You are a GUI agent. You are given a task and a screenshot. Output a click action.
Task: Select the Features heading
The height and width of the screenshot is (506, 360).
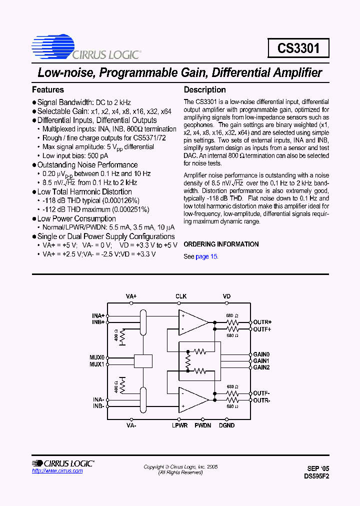coord(48,90)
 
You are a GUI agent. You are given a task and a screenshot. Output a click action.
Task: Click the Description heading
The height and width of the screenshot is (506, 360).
coord(205,90)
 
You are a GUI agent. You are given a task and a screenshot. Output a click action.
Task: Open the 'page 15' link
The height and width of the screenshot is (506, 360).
coord(206,256)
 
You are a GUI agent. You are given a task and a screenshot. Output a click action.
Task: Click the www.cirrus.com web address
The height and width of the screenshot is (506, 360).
coord(57,471)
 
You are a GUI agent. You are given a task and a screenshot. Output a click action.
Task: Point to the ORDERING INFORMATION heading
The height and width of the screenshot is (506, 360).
coord(221,244)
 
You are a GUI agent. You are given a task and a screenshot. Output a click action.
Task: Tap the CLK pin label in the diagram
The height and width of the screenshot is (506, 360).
coord(181,296)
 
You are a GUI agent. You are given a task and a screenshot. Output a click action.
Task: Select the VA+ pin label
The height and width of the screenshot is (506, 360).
coord(131,296)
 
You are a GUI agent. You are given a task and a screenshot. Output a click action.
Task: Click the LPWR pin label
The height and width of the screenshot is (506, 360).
coord(180,425)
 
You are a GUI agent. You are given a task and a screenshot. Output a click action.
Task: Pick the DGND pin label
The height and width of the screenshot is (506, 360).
coord(226,425)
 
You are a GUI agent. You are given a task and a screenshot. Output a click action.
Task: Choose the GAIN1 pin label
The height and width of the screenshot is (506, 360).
coord(261,360)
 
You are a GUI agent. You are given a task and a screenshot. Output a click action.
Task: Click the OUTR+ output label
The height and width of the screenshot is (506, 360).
coord(262,322)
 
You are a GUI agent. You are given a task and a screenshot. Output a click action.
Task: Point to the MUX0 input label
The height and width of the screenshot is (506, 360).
coord(97,358)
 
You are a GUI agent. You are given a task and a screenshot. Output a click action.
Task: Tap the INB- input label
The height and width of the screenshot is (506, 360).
coord(98,406)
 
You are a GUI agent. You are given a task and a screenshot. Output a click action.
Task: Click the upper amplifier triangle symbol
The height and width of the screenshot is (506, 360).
coord(193,322)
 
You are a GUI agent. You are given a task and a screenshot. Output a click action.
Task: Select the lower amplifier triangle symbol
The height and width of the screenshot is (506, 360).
coord(193,399)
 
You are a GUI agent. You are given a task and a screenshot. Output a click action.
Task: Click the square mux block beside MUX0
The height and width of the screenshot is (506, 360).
coord(143,361)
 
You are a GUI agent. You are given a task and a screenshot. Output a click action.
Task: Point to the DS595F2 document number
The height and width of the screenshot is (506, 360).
coord(316,476)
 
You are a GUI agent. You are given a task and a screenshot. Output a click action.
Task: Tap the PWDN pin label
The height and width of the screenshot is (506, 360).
coord(202,425)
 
